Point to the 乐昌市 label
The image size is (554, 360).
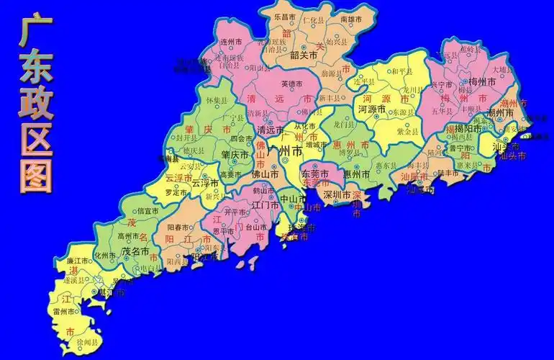point(285,15)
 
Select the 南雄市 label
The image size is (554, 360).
point(350,19)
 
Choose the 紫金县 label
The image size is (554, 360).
point(407,132)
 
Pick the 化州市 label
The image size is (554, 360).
point(104,255)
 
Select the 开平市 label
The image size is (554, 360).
point(235,212)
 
